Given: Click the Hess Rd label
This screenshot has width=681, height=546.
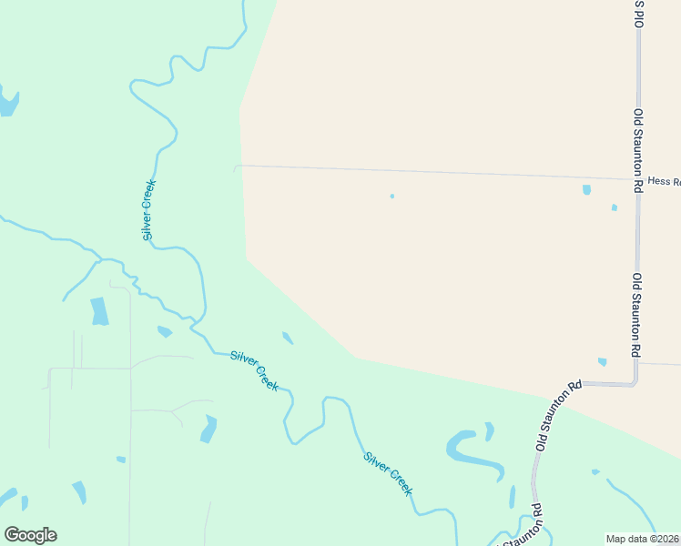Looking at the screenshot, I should tap(664, 182).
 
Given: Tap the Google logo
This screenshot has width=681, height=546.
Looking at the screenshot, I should tap(30, 535).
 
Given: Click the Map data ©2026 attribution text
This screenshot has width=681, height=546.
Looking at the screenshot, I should tap(643, 539).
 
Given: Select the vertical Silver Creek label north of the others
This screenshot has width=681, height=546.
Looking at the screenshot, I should tap(149, 210).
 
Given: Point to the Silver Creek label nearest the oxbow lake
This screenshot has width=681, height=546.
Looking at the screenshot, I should tap(388, 473).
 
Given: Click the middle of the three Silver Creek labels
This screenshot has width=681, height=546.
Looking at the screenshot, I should tap(254, 370).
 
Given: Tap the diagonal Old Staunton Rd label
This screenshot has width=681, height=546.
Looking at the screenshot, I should tap(558, 417).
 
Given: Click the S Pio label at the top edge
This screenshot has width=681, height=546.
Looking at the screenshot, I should tap(639, 14).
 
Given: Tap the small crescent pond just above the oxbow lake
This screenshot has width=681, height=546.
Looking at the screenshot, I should tap(490, 430).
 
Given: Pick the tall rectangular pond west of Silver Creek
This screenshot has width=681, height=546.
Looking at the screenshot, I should tap(99, 311).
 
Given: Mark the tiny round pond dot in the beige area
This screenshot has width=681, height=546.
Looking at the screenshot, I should tap(392, 196).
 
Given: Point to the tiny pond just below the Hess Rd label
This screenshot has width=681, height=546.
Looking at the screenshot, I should tap(615, 207).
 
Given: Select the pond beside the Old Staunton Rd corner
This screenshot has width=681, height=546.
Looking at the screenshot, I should tap(603, 362).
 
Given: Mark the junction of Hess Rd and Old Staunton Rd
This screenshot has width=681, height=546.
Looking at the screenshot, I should tap(638, 179).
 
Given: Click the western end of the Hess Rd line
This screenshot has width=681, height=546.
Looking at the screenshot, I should tap(236, 167).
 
